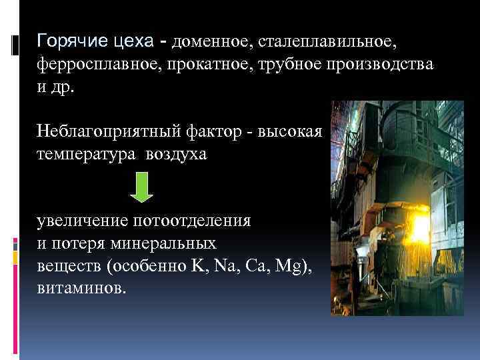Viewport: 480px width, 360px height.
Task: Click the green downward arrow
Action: pyautogui.click(x=141, y=187)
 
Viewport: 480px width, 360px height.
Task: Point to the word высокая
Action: pyautogui.click(x=291, y=131)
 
